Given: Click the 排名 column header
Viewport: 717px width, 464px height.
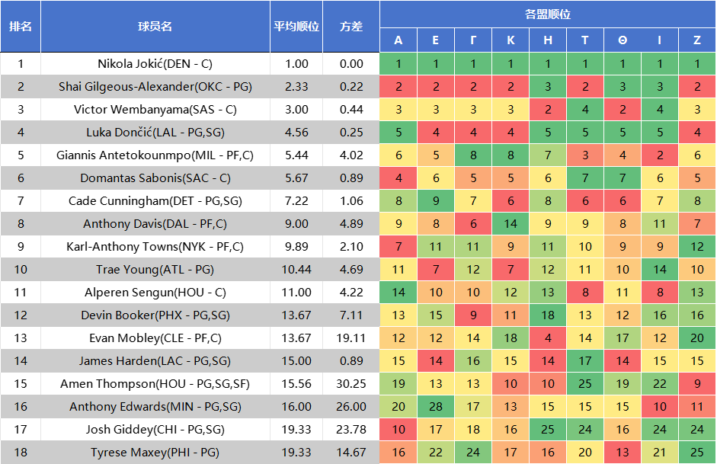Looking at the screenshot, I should (x=21, y=27).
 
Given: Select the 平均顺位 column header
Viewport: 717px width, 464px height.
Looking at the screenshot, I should (x=296, y=27).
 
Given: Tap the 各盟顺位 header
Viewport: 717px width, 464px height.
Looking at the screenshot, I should (x=547, y=14).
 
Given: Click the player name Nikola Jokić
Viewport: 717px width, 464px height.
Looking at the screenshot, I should (x=155, y=64).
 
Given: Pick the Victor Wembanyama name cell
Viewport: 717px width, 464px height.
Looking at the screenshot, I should (x=155, y=110).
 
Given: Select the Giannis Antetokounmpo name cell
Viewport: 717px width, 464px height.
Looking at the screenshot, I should (x=155, y=155).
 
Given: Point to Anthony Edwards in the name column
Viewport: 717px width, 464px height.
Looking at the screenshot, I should (x=155, y=407).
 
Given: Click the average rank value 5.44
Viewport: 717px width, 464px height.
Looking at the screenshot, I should (x=296, y=155).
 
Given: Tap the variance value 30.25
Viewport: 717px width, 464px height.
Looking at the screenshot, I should (x=351, y=384).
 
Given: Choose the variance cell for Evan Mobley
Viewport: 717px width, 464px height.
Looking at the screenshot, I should (x=351, y=338).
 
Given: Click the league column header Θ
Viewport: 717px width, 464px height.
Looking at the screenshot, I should (x=623, y=40).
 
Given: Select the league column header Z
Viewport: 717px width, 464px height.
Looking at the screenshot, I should (x=697, y=40).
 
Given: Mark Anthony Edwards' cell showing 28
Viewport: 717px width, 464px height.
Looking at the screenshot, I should (x=435, y=407).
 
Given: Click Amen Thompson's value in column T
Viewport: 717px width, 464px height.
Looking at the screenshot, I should (x=584, y=384).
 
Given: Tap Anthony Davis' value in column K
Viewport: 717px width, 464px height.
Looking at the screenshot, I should (x=511, y=224).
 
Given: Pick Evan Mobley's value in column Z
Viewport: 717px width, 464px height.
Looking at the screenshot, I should (x=697, y=338).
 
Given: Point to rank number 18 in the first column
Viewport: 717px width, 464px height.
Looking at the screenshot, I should (x=21, y=453).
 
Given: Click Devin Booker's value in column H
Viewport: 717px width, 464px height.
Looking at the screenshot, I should (x=548, y=315).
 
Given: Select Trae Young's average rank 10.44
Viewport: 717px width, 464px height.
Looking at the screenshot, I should (x=296, y=270).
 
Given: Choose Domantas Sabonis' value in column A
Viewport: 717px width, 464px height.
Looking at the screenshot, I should (x=399, y=178).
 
